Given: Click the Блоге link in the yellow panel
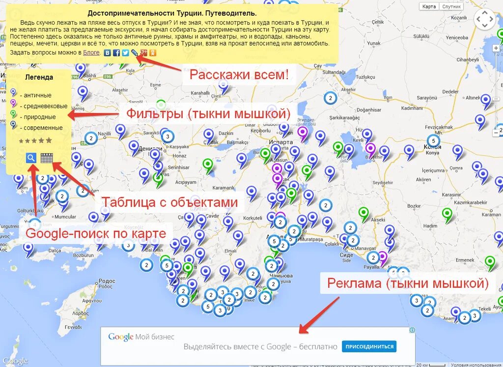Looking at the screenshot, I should coord(91,53).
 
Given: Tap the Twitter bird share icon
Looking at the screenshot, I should coord(125,53).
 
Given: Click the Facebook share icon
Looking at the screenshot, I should coord(116,53).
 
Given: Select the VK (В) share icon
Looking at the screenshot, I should coord(107,53).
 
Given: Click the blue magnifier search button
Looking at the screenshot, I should coord(31,158).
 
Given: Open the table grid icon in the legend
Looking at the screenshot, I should coord(47,158).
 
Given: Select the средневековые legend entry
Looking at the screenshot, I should coord(44,106).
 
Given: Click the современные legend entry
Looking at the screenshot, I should coord(41,128).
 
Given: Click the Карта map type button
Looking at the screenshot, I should coord(429,6).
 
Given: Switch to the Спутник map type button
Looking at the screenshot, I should coord(451,6).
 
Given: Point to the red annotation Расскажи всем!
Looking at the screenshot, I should coord(239,75).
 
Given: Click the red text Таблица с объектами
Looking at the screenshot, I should coord(169,202).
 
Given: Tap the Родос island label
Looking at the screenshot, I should coord(106,281).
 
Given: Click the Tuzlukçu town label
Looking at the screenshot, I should coord(365,77).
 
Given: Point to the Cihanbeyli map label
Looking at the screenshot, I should coord(467,59).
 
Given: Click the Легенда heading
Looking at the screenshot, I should coord(39,77).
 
